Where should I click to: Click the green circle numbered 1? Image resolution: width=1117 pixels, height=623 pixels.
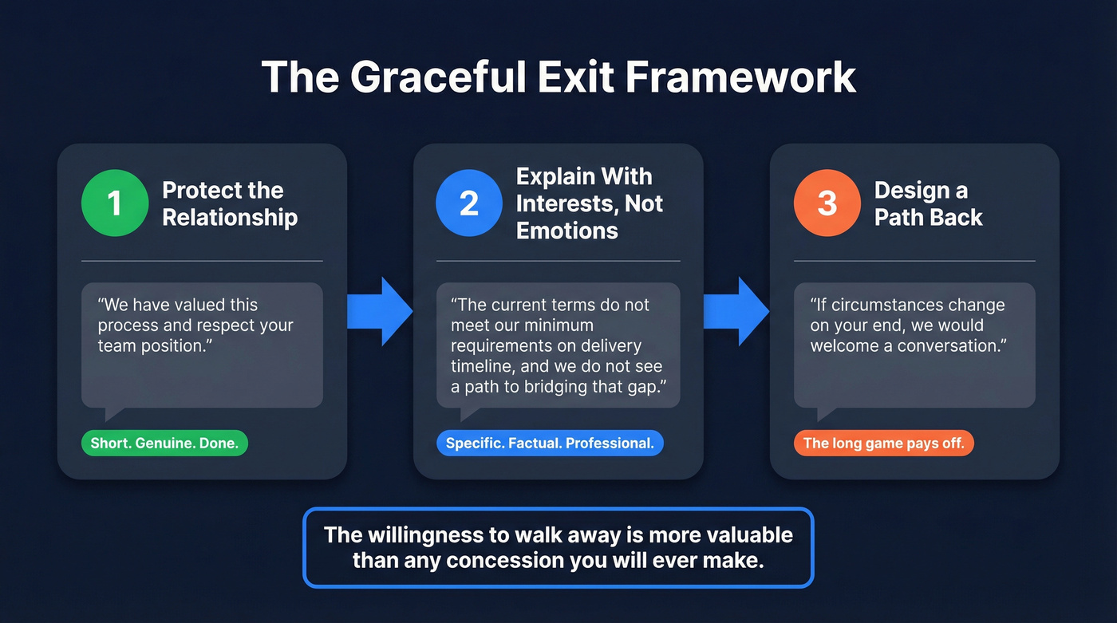pyautogui.click(x=115, y=203)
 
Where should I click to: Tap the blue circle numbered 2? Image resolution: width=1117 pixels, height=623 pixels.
pyautogui.click(x=469, y=203)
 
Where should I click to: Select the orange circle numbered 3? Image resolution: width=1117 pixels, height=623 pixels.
pyautogui.click(x=827, y=203)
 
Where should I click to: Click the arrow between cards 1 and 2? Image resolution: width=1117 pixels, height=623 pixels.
pyautogui.click(x=381, y=312)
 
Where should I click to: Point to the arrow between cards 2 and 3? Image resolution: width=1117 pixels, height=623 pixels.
pyautogui.click(x=736, y=312)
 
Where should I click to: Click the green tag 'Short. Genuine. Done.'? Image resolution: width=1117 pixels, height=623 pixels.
pyautogui.click(x=164, y=444)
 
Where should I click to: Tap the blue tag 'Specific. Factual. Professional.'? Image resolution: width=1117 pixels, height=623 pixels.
pyautogui.click(x=550, y=444)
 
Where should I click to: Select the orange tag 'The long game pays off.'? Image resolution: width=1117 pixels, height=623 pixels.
pyautogui.click(x=883, y=444)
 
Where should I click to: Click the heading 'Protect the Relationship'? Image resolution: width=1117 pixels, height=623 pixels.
pyautogui.click(x=230, y=203)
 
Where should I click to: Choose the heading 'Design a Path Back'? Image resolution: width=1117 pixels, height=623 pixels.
pyautogui.click(x=928, y=203)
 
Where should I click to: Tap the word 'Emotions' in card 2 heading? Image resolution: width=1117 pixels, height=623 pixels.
pyautogui.click(x=566, y=231)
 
